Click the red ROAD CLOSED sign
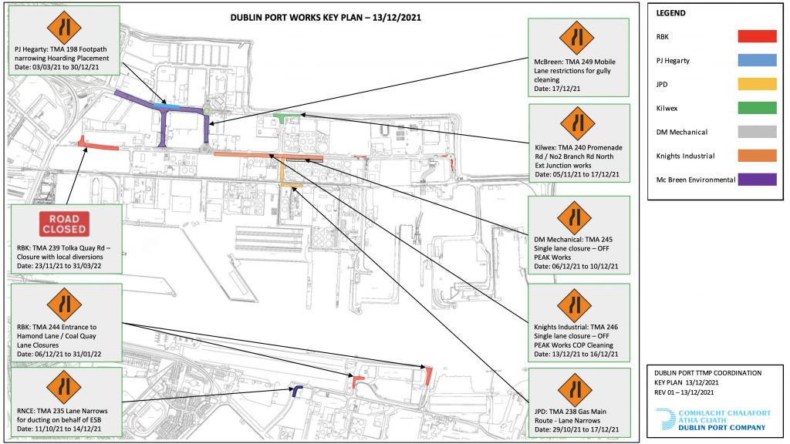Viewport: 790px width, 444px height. click(64, 224)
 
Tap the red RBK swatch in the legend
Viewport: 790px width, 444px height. click(757, 36)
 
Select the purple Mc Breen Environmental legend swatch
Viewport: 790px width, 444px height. click(757, 179)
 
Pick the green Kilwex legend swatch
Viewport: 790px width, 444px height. click(757, 108)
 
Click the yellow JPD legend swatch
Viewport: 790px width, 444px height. click(757, 84)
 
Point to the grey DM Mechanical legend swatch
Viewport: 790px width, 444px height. click(757, 132)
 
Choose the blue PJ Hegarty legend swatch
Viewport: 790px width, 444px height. click(757, 60)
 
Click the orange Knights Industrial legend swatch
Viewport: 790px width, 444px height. click(757, 156)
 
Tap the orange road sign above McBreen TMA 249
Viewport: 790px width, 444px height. click(576, 38)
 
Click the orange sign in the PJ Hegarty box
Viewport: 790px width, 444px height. click(64, 27)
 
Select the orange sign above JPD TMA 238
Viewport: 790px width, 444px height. click(575, 389)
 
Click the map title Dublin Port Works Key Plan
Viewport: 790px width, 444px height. click(326, 18)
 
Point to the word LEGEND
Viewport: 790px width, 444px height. click(670, 13)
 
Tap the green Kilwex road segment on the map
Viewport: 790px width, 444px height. click(286, 117)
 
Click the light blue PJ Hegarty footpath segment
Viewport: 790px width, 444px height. click(167, 106)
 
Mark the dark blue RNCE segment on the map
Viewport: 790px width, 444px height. click(296, 391)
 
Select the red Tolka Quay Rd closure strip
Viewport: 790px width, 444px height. click(98, 145)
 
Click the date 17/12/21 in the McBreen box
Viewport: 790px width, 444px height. click(567, 89)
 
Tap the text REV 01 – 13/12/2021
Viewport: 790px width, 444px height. click(684, 392)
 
